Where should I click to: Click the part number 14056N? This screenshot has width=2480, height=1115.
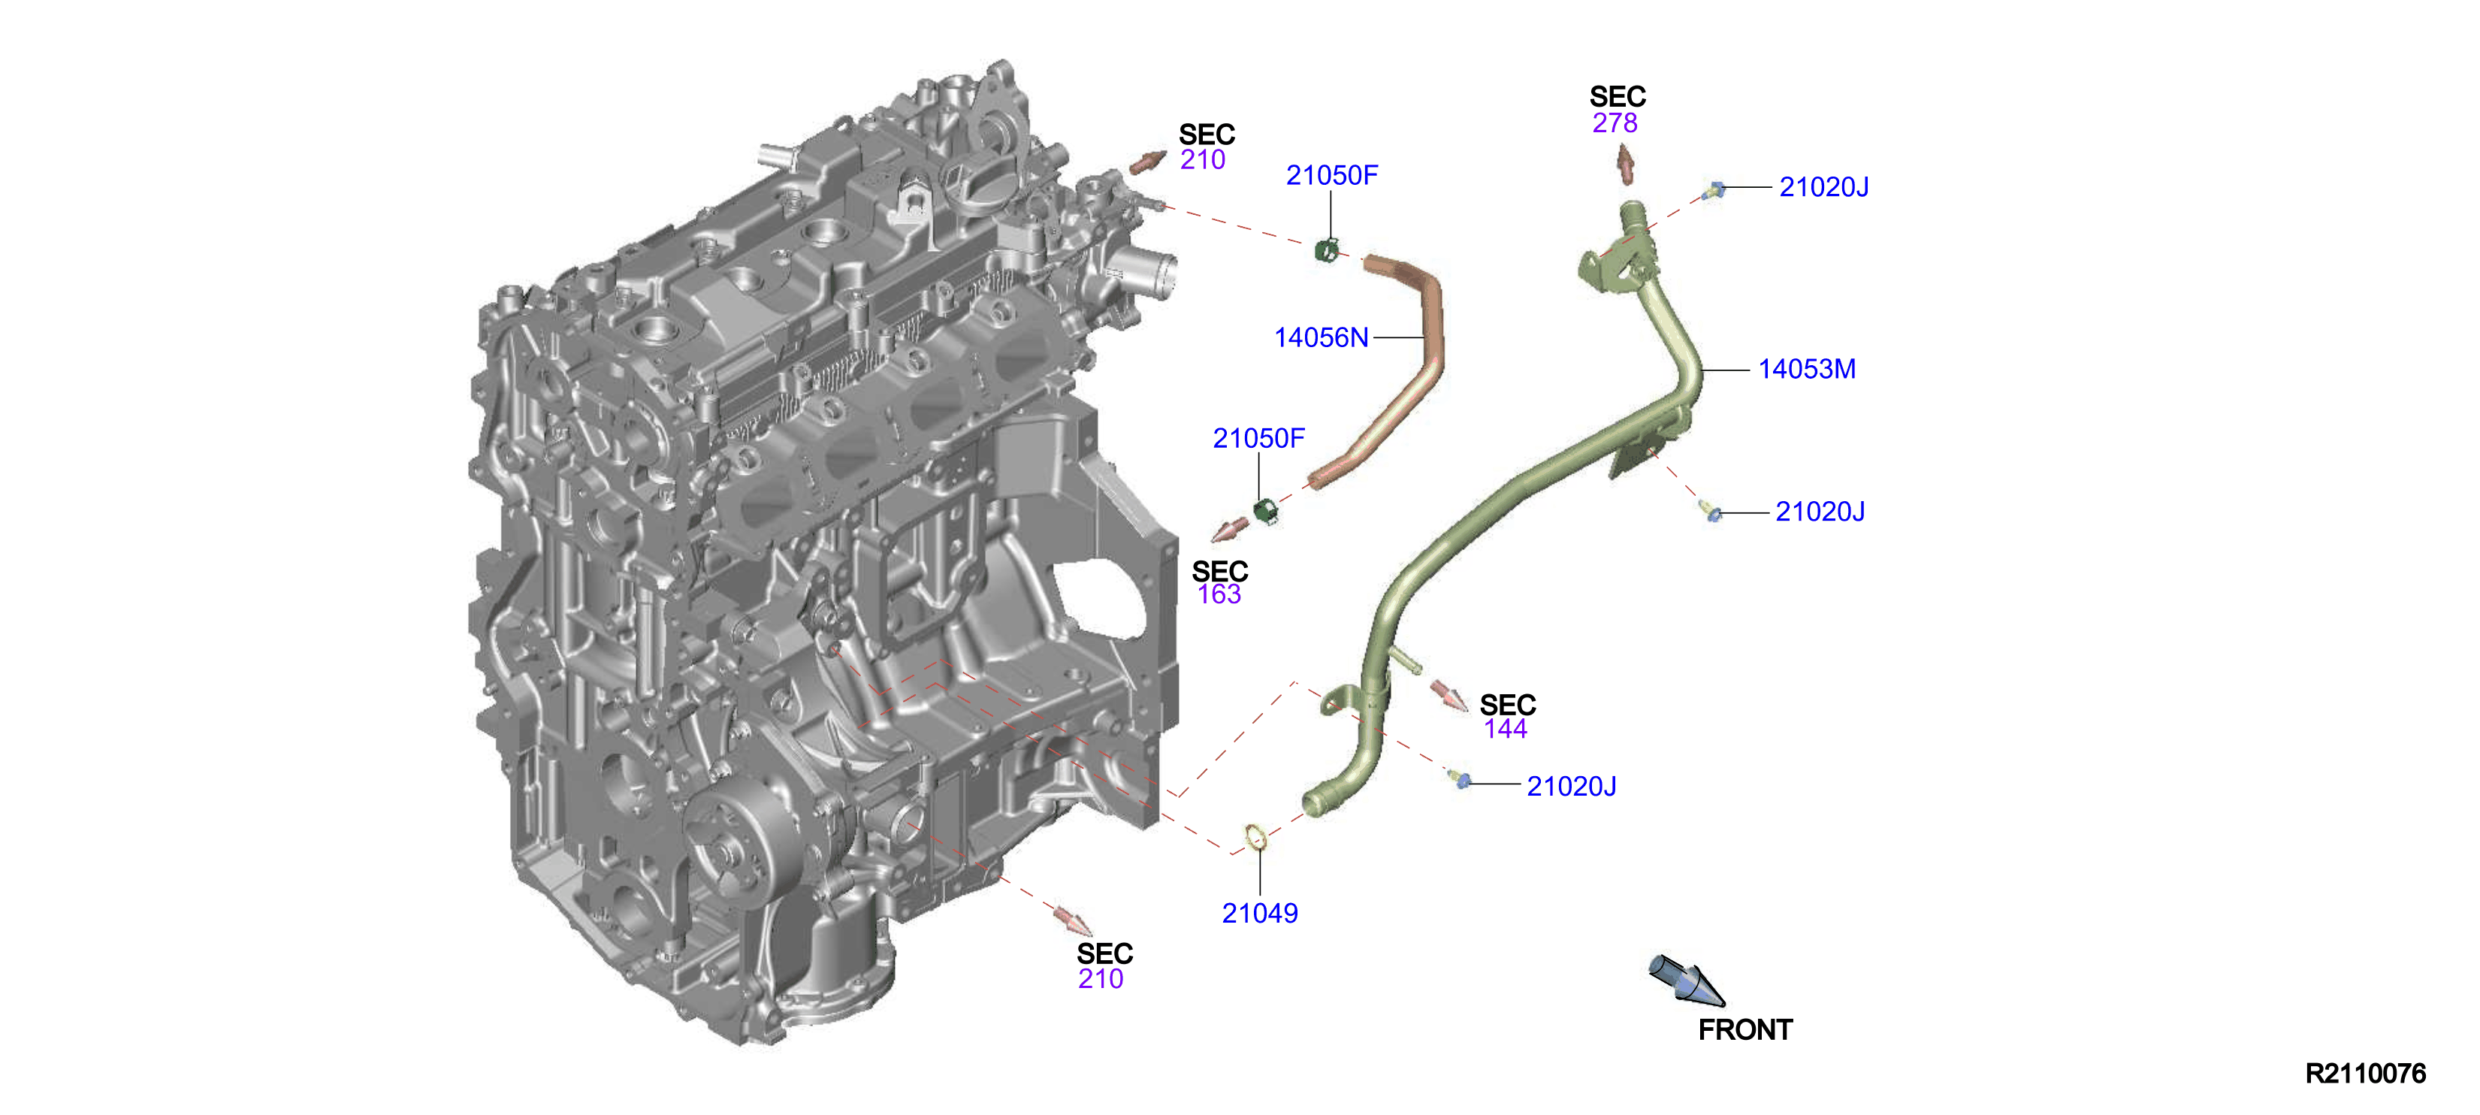pos(1321,338)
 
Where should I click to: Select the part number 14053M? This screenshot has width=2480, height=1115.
pos(1807,369)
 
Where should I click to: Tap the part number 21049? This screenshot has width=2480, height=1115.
pos(1259,913)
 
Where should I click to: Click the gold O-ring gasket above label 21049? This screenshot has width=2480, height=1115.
pos(1255,839)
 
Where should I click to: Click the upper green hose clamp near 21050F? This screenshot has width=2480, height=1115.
pos(1327,250)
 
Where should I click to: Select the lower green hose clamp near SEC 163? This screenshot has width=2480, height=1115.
pos(1267,511)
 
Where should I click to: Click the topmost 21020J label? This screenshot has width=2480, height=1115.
pos(1823,187)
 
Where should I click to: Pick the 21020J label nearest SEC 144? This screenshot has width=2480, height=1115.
pos(1571,787)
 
